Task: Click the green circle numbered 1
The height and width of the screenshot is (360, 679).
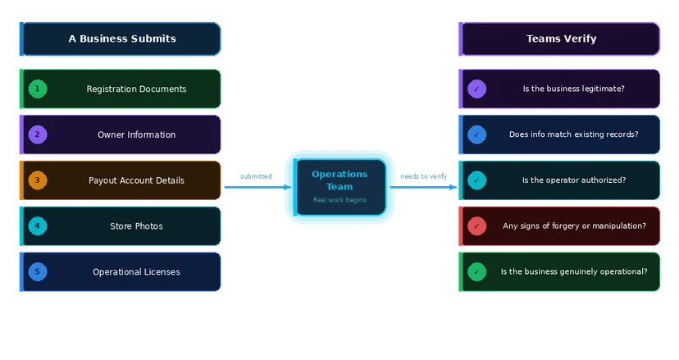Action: pyautogui.click(x=38, y=89)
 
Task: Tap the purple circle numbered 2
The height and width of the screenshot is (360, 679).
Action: pyautogui.click(x=38, y=134)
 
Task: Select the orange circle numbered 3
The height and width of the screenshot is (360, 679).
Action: pyautogui.click(x=38, y=180)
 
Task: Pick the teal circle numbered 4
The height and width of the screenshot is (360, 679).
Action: pyautogui.click(x=38, y=226)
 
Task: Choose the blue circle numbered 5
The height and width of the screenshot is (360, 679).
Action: pyautogui.click(x=38, y=271)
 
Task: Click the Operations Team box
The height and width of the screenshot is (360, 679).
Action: pyautogui.click(x=339, y=187)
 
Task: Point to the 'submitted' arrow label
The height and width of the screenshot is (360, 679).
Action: pyautogui.click(x=256, y=176)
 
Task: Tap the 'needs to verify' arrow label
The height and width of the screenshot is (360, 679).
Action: pyautogui.click(x=423, y=176)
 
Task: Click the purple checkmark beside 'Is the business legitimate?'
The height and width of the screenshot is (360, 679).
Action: pyautogui.click(x=476, y=89)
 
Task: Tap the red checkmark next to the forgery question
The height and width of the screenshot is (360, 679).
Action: pyautogui.click(x=476, y=226)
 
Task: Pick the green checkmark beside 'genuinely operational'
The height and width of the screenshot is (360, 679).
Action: pyautogui.click(x=476, y=271)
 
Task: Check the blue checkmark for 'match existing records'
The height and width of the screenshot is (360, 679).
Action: pyautogui.click(x=476, y=134)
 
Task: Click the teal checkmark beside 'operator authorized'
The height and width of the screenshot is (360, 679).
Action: pyautogui.click(x=476, y=180)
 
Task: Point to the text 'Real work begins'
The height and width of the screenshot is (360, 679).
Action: pyautogui.click(x=339, y=200)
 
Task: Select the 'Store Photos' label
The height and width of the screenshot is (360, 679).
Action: pyautogui.click(x=136, y=226)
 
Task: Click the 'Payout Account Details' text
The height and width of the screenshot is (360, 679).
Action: pyautogui.click(x=136, y=180)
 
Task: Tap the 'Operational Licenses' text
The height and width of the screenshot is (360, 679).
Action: pyautogui.click(x=136, y=271)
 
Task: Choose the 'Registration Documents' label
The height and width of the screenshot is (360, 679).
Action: pyautogui.click(x=136, y=89)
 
